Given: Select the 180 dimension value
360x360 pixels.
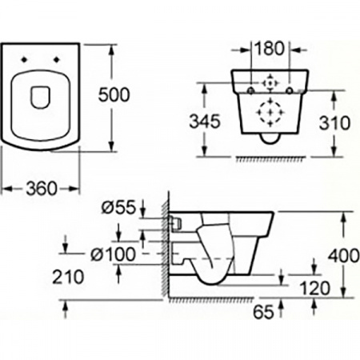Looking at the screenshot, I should point(270,47).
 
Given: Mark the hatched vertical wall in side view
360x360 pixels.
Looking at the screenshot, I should point(166,248).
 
